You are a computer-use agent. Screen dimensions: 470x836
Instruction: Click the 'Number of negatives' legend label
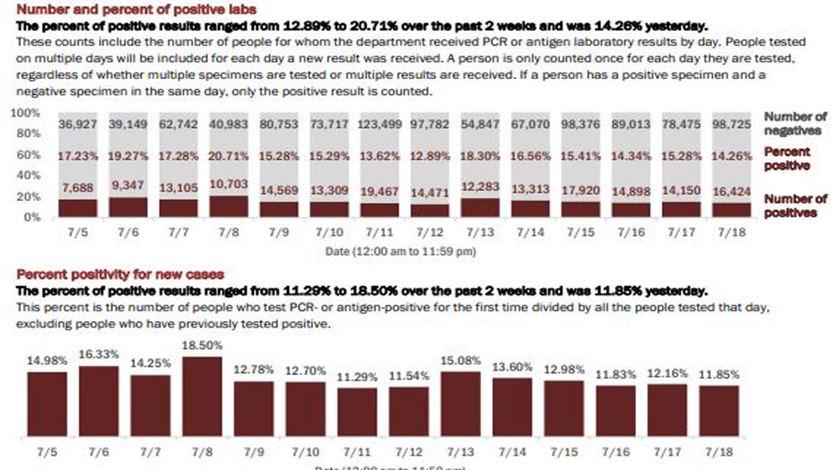(x=795, y=124)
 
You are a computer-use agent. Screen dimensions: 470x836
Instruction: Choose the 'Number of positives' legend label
(x=795, y=205)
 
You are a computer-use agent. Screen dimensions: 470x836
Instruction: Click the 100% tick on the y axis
(x=25, y=114)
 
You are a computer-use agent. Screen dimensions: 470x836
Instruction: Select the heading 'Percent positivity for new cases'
(x=120, y=274)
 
